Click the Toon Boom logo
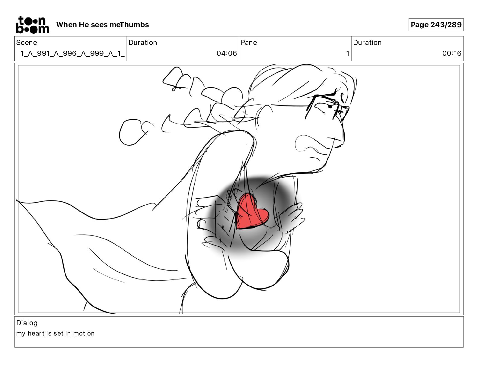[33, 25]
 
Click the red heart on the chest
[252, 211]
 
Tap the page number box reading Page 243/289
[436, 25]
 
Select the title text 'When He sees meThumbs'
[103, 25]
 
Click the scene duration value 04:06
[227, 53]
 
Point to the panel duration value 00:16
[452, 53]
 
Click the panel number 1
[348, 53]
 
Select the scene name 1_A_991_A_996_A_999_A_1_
[73, 53]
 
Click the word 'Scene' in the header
[27, 43]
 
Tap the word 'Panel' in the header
[250, 43]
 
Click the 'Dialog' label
[27, 323]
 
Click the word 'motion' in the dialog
[84, 333]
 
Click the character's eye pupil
[330, 107]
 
